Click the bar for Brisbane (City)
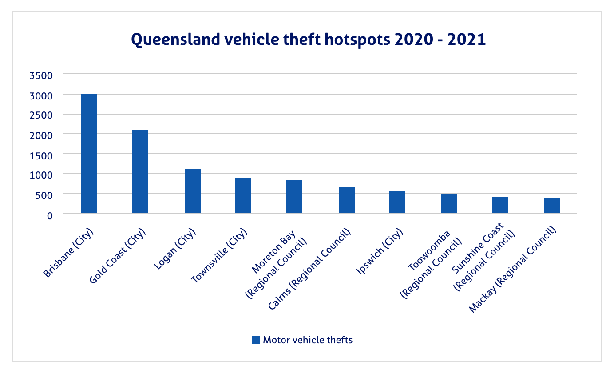[x=89, y=154]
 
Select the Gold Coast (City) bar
[x=140, y=172]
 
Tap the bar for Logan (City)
[x=193, y=191]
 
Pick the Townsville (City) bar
[x=243, y=196]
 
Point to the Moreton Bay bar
[x=294, y=197]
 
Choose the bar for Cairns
[x=347, y=201]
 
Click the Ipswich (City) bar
[x=397, y=202]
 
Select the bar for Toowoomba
[x=449, y=204]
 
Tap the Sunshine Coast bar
[x=500, y=206]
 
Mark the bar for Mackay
[x=552, y=206]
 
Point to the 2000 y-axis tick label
[x=41, y=135]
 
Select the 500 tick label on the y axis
[x=44, y=195]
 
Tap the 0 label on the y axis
[x=50, y=215]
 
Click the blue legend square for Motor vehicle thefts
[x=256, y=340]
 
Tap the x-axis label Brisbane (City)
[x=71, y=253]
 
